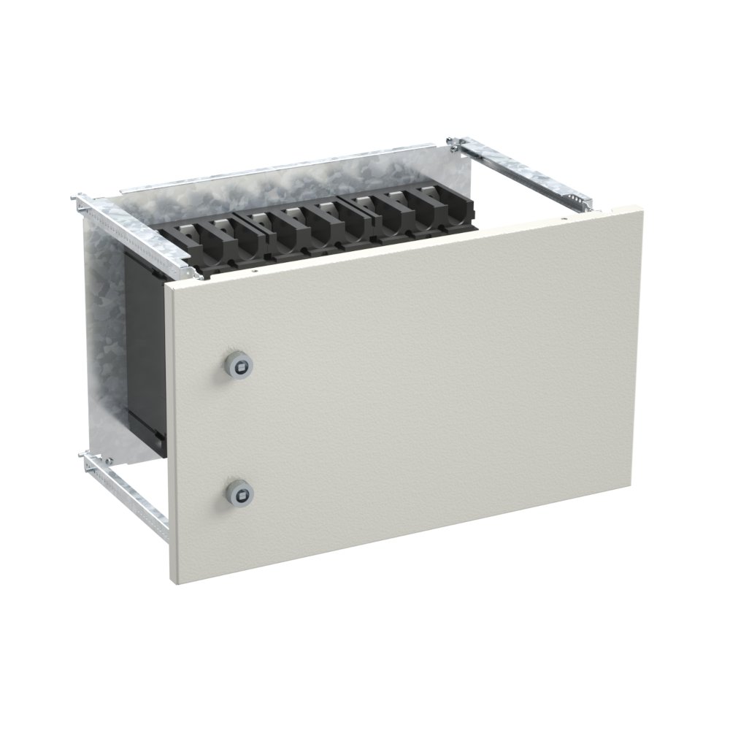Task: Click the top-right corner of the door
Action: click(x=642, y=207)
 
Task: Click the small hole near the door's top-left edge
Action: click(x=253, y=271)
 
